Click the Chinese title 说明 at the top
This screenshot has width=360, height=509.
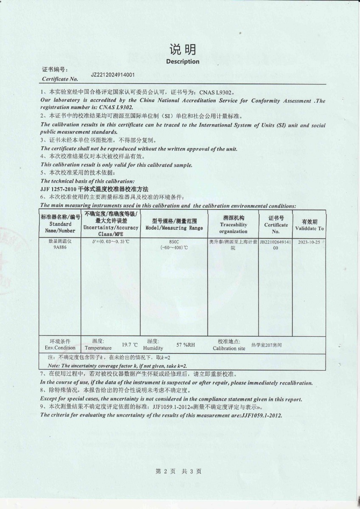[183, 50]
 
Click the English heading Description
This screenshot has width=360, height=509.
[183, 62]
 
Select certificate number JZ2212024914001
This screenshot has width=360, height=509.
[113, 75]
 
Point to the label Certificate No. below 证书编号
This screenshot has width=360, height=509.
[60, 79]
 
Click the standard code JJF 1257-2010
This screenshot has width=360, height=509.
[59, 188]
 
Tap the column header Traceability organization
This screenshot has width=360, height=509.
[233, 225]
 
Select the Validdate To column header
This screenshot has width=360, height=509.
[309, 225]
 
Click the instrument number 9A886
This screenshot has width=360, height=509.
[60, 247]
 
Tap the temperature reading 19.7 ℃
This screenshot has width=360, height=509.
[130, 345]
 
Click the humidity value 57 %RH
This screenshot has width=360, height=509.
[186, 345]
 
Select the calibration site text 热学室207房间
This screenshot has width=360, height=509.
[266, 345]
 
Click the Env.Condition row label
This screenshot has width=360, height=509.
[60, 348]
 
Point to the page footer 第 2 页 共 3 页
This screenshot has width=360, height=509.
[179, 471]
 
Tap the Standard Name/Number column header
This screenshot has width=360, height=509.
[60, 224]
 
